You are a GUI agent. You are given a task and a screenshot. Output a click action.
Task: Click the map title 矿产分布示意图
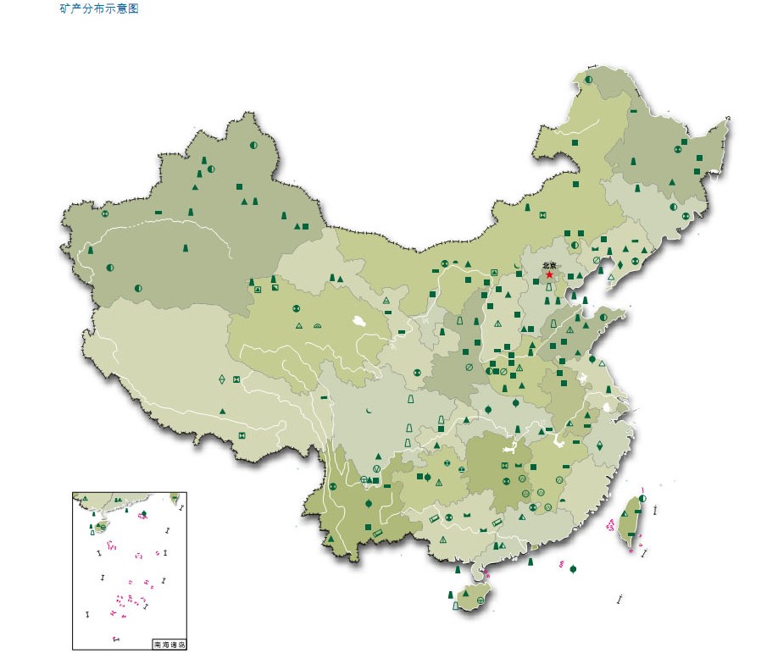click(x=99, y=8)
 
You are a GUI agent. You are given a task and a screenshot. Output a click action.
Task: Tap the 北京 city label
click(x=549, y=265)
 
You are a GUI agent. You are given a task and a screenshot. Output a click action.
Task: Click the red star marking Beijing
click(x=549, y=274)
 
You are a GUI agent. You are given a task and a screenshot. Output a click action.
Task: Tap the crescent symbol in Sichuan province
click(x=369, y=411)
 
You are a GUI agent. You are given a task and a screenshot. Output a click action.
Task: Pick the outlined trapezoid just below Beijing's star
click(x=548, y=288)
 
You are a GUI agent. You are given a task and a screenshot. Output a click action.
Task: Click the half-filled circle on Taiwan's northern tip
click(x=642, y=499)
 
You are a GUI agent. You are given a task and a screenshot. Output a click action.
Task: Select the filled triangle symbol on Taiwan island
click(x=632, y=512)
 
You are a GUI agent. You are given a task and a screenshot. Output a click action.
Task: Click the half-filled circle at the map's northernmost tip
click(x=588, y=80)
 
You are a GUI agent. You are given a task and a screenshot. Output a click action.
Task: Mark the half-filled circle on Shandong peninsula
click(x=603, y=318)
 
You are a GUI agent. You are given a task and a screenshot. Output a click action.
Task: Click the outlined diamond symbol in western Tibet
click(x=222, y=379)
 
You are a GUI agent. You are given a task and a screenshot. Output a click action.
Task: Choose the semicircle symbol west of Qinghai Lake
click(x=318, y=325)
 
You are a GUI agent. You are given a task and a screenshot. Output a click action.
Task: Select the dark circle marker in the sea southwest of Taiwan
click(x=574, y=568)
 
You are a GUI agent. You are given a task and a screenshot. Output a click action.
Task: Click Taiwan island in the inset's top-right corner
click(x=175, y=498)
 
